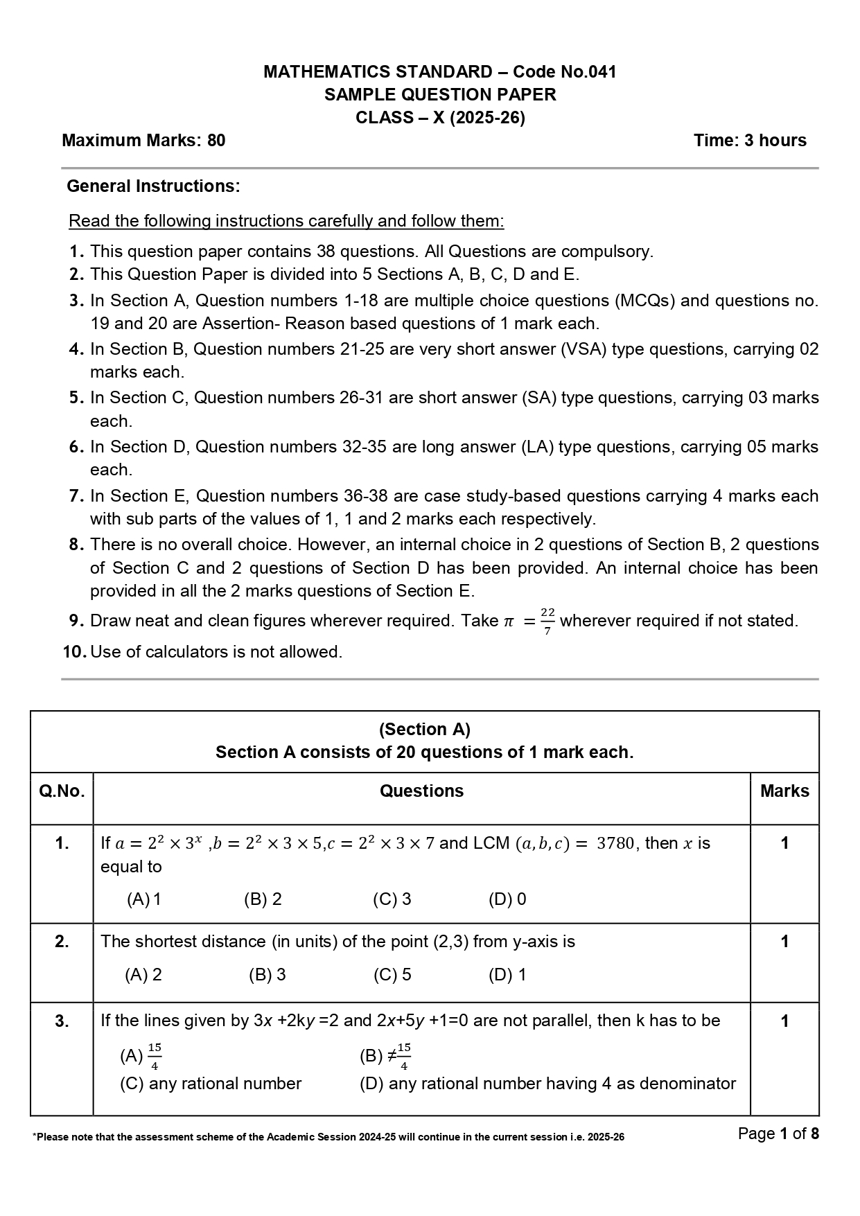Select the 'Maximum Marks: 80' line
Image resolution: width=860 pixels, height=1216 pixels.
pos(143,141)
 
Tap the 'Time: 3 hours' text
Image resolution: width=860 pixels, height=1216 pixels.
pos(750,141)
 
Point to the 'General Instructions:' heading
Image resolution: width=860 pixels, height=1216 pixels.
pos(153,186)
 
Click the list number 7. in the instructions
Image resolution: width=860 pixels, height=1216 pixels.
pos(76,496)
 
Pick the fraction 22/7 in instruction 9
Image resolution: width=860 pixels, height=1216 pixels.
pos(547,622)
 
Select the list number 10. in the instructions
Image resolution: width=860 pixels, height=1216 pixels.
pos(75,652)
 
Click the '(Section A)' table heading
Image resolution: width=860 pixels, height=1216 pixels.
pos(424,730)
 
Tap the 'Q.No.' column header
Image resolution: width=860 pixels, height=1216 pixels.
pos(62,791)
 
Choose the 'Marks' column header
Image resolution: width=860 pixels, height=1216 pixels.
pos(784,791)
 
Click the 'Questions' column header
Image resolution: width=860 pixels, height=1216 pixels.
pos(421,791)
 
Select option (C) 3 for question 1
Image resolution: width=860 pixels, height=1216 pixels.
pos(392,899)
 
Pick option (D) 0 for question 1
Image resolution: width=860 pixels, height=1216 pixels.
pos(507,899)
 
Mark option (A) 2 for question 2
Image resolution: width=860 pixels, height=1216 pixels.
pos(143,975)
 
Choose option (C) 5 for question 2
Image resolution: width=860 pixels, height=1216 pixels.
pos(392,975)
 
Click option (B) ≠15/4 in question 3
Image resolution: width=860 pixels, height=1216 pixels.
pos(385,1057)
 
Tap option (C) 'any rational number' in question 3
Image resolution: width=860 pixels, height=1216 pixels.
pos(211,1084)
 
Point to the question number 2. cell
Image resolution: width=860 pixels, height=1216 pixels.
pos(62,942)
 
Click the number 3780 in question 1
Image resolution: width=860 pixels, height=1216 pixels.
pos(615,844)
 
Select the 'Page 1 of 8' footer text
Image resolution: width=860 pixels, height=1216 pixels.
pos(778,1134)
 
